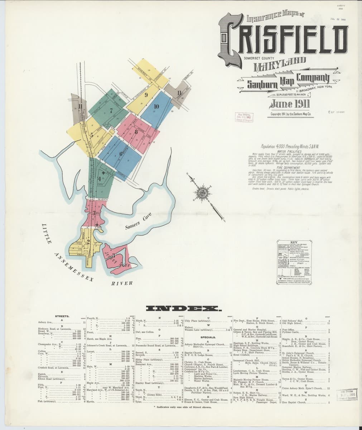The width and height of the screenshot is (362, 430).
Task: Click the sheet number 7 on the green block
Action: coord(111,111)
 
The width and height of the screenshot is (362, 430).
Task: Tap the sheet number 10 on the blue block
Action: coord(156,106)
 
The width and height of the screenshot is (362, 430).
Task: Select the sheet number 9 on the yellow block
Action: coord(146,95)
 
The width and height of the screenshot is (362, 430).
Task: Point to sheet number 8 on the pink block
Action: coord(136,132)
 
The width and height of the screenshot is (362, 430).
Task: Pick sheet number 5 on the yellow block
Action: coord(92,136)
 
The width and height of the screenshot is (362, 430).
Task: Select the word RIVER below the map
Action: coord(122,283)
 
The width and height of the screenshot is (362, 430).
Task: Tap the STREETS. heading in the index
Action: coord(62,316)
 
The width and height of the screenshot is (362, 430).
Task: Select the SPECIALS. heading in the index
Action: coord(208,337)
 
